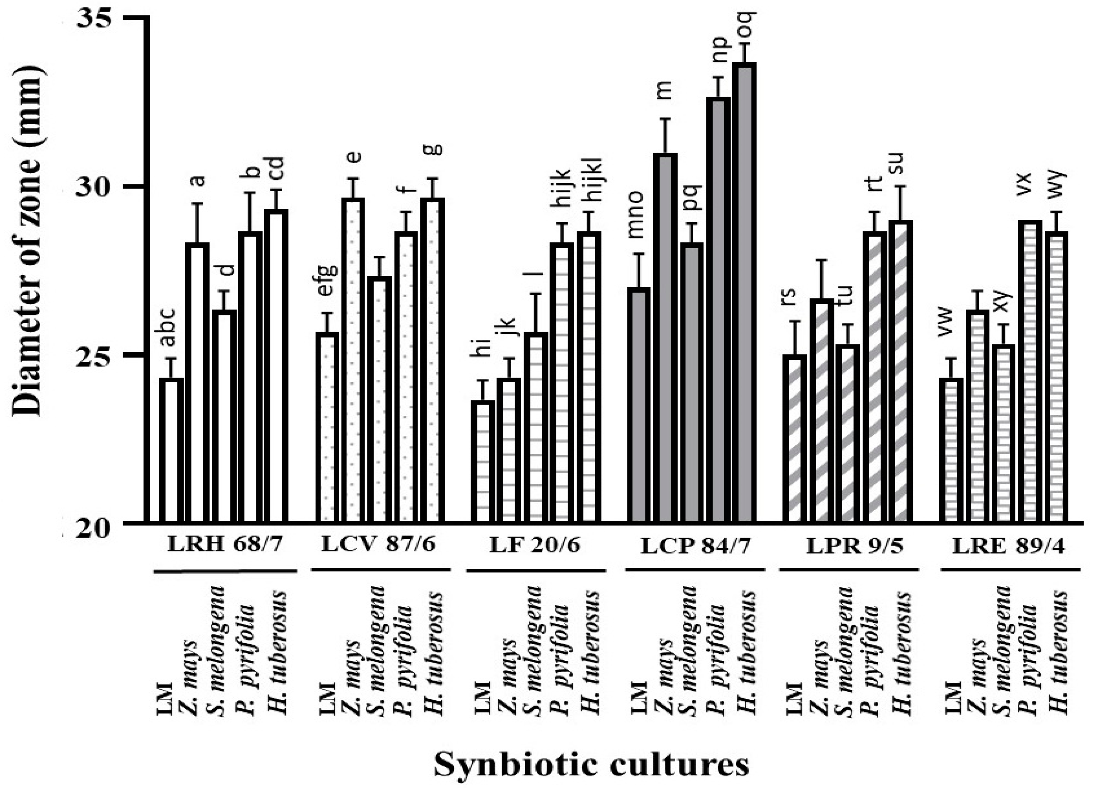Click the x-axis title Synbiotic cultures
(x=591, y=765)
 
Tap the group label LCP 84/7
(x=696, y=547)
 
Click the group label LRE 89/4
(x=1008, y=547)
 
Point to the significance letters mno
(x=636, y=215)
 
